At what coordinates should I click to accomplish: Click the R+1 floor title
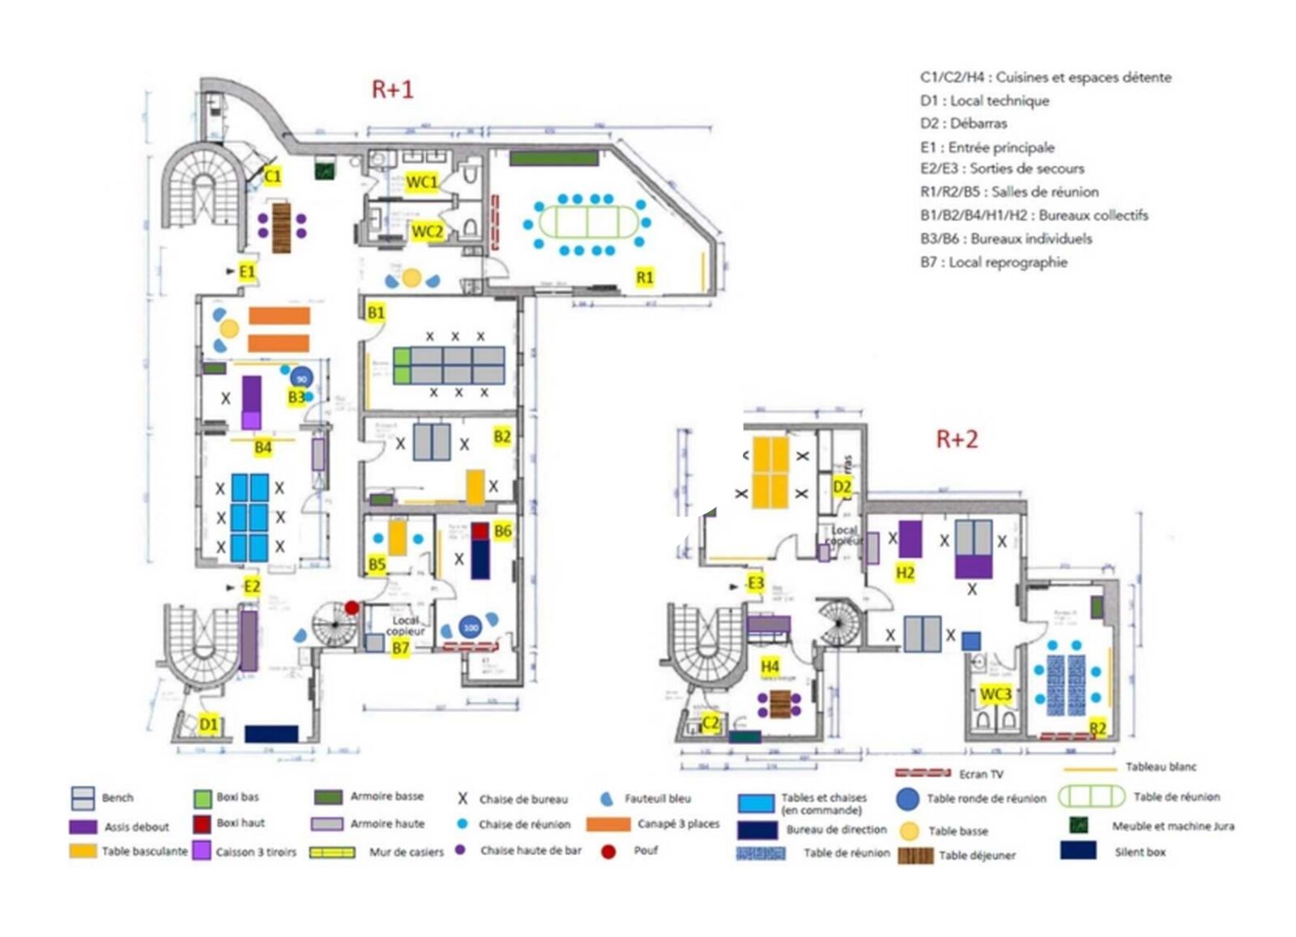pos(392,88)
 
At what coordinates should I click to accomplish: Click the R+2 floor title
pos(957,439)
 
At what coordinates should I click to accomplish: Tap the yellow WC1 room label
pos(421,182)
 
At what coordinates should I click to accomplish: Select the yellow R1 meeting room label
pos(645,277)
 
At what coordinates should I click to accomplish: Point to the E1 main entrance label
pos(247,271)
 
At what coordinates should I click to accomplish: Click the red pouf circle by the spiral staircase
pos(352,607)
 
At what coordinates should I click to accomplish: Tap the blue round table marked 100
pos(471,627)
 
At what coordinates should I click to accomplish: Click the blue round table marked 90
pos(301,378)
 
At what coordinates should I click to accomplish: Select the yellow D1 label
pos(208,724)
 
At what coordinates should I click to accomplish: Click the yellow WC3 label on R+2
pos(995,694)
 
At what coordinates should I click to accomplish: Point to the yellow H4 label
pos(769,666)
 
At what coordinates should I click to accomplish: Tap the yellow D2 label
pos(842,487)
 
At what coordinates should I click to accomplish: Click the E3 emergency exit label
pos(756,583)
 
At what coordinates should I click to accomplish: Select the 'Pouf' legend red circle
pos(608,851)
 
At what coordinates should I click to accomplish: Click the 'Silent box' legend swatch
pos(1077,850)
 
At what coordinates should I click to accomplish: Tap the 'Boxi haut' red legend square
pos(202,824)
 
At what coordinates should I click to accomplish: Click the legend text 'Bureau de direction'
pos(836,829)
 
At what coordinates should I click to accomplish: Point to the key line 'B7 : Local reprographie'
pos(993,262)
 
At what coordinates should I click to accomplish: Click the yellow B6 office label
pos(502,531)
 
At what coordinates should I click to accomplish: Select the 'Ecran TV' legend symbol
pos(923,773)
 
